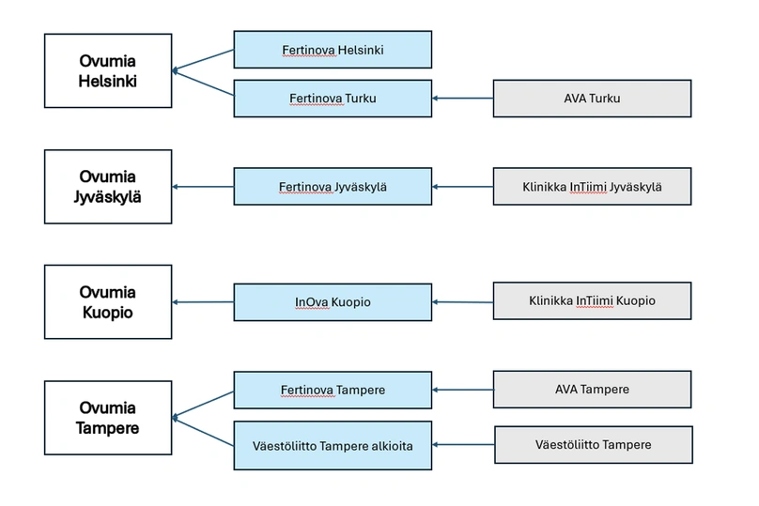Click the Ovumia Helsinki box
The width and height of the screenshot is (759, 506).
(x=108, y=70)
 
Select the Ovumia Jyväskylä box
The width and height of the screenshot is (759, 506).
(x=108, y=186)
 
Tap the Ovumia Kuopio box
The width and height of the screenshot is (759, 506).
(x=108, y=301)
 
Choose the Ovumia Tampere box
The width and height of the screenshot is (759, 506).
(x=108, y=417)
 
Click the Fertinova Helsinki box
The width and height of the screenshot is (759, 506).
(x=333, y=49)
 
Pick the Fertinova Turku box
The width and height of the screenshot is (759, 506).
(x=333, y=98)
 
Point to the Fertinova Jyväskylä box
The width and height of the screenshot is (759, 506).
(x=333, y=187)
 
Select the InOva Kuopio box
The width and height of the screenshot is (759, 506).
(x=333, y=302)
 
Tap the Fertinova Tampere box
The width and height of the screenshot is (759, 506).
(x=333, y=390)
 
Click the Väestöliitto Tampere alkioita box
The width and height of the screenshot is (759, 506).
(x=333, y=445)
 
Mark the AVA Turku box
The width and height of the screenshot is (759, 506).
(x=592, y=98)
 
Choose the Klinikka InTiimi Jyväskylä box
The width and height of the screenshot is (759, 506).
(x=592, y=187)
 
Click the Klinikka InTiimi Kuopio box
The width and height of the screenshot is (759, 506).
(x=592, y=301)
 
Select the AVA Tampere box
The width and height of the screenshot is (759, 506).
(x=592, y=389)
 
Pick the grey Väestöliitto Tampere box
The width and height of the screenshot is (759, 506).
(x=593, y=444)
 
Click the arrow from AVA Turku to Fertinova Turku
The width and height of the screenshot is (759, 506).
(x=463, y=98)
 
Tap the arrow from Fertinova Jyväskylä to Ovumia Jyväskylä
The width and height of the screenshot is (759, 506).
(x=203, y=187)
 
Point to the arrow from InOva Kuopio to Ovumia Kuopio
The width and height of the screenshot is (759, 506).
(x=203, y=302)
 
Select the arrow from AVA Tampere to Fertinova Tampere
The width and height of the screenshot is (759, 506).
(x=463, y=389)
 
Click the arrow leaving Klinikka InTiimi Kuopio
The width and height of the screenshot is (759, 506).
(x=463, y=302)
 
